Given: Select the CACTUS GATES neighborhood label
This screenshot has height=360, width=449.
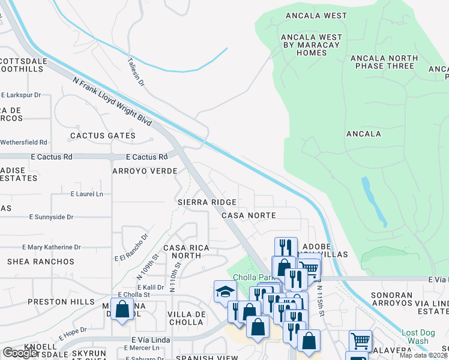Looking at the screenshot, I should coord(103,136).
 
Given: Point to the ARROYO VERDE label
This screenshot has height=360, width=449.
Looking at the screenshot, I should coord(145,171).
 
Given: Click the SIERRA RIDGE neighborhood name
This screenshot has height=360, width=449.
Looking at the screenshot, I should coord(206,203).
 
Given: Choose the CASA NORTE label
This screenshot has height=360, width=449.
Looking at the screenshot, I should coord(249,215).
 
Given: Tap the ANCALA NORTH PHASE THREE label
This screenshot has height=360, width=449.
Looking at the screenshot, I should coord(384,62).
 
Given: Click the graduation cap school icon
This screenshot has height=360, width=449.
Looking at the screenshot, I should coord(225,292).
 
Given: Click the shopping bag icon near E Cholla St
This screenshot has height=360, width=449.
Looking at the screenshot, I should coord(122,310).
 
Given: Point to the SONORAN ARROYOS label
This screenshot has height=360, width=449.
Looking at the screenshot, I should coord(391,301).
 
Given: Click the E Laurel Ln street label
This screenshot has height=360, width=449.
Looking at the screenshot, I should coord(87,194).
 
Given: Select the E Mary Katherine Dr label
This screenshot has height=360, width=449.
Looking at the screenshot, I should coord(51,247).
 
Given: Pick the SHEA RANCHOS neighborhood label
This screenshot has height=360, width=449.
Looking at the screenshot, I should coord(41,262).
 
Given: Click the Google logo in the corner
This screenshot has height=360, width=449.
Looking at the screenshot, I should coord(20,353).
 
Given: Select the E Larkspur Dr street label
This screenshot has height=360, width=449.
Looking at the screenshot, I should coord(21,95).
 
